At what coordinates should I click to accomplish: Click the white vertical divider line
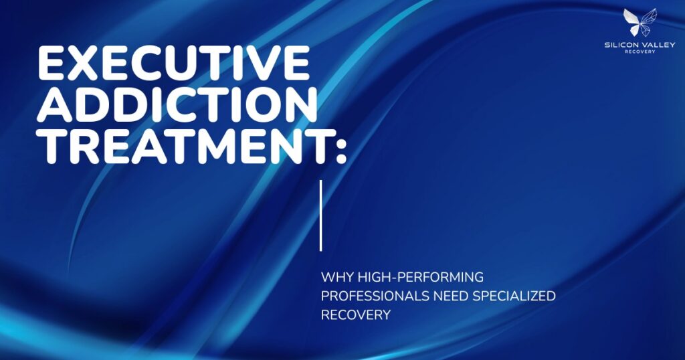[321, 215]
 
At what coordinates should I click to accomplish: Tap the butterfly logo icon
[640, 22]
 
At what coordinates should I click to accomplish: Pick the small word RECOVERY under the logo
[640, 52]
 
